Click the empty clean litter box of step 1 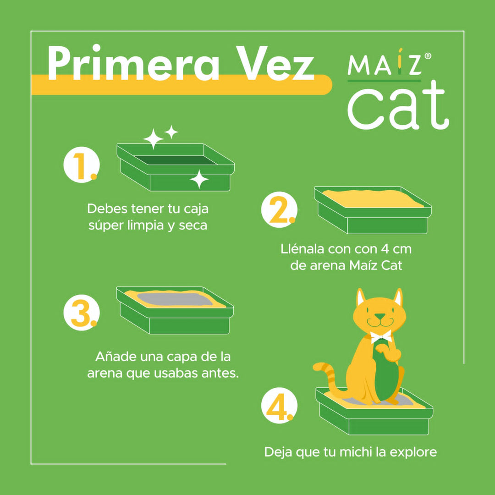176,167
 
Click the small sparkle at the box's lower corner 199,179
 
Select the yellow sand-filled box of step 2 372,209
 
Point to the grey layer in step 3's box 172,299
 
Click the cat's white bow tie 381,336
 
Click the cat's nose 379,316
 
